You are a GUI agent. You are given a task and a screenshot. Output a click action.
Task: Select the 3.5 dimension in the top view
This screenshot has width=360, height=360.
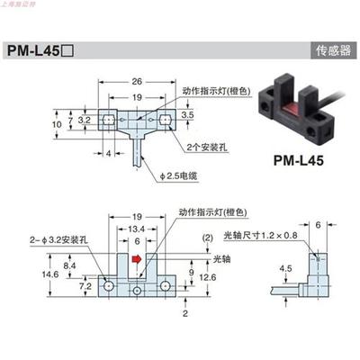click(187, 116)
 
